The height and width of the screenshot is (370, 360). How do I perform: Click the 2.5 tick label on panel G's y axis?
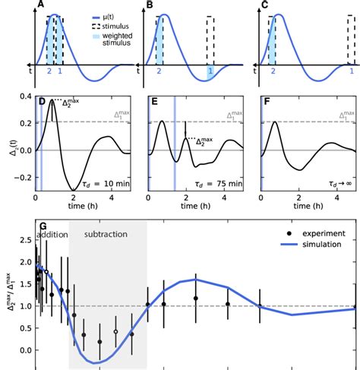(x=24, y=239)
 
